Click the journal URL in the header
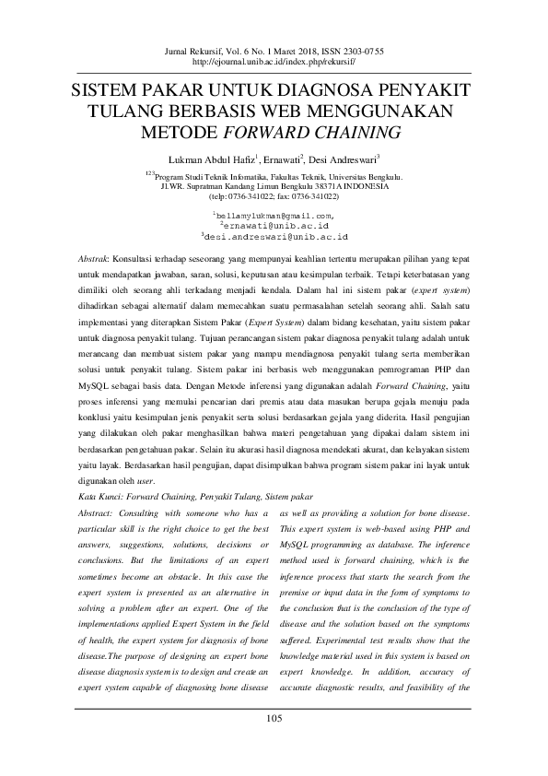274,65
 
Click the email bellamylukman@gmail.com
274,215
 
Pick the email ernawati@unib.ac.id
274,226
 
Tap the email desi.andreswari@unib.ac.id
274,237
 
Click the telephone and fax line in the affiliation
274,196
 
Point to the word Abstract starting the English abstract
97,512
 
